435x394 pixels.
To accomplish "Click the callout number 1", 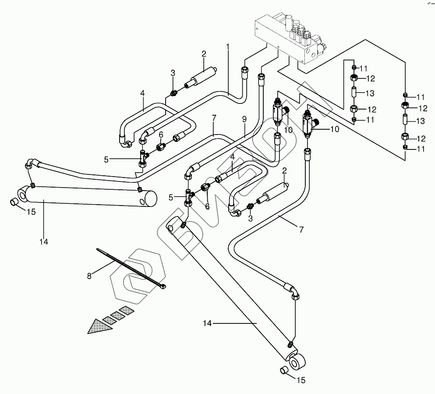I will pos(228,46).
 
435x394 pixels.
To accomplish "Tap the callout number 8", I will pos(90,277).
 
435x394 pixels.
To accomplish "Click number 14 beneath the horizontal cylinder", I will pos(43,241).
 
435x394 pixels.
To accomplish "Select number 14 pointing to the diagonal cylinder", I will pos(207,323).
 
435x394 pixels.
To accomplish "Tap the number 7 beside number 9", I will pos(213,118).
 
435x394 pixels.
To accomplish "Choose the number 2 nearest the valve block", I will pos(204,54).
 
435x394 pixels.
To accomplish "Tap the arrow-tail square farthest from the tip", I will pos(127,310).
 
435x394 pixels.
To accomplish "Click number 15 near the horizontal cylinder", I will pos(30,213).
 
